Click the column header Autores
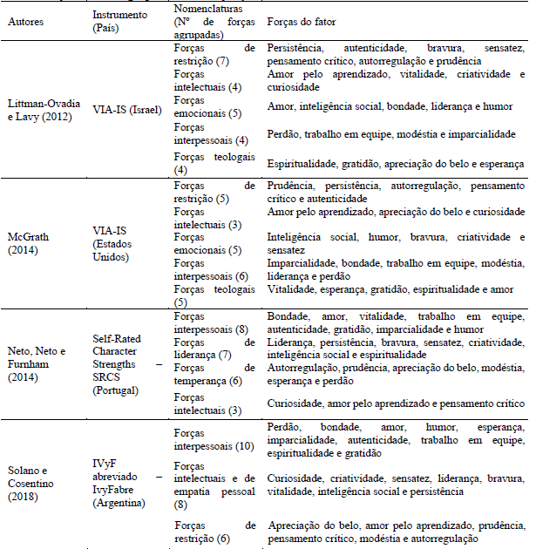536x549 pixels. pos(26,22)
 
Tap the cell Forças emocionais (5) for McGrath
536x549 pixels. pos(206,244)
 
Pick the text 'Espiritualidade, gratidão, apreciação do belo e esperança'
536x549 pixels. pos(396,163)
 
